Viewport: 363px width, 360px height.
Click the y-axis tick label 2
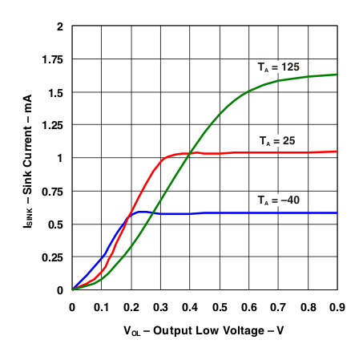click(x=58, y=26)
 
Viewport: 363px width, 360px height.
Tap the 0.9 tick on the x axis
click(x=337, y=306)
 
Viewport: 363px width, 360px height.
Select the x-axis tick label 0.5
click(x=219, y=306)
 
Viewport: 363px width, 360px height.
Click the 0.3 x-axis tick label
click(x=160, y=306)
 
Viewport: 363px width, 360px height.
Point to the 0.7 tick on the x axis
click(x=278, y=306)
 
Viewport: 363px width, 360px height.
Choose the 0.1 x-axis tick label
click(x=102, y=306)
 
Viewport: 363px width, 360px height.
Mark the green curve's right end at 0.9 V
click(x=337, y=75)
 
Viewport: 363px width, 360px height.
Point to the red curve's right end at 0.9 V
click(x=337, y=152)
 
